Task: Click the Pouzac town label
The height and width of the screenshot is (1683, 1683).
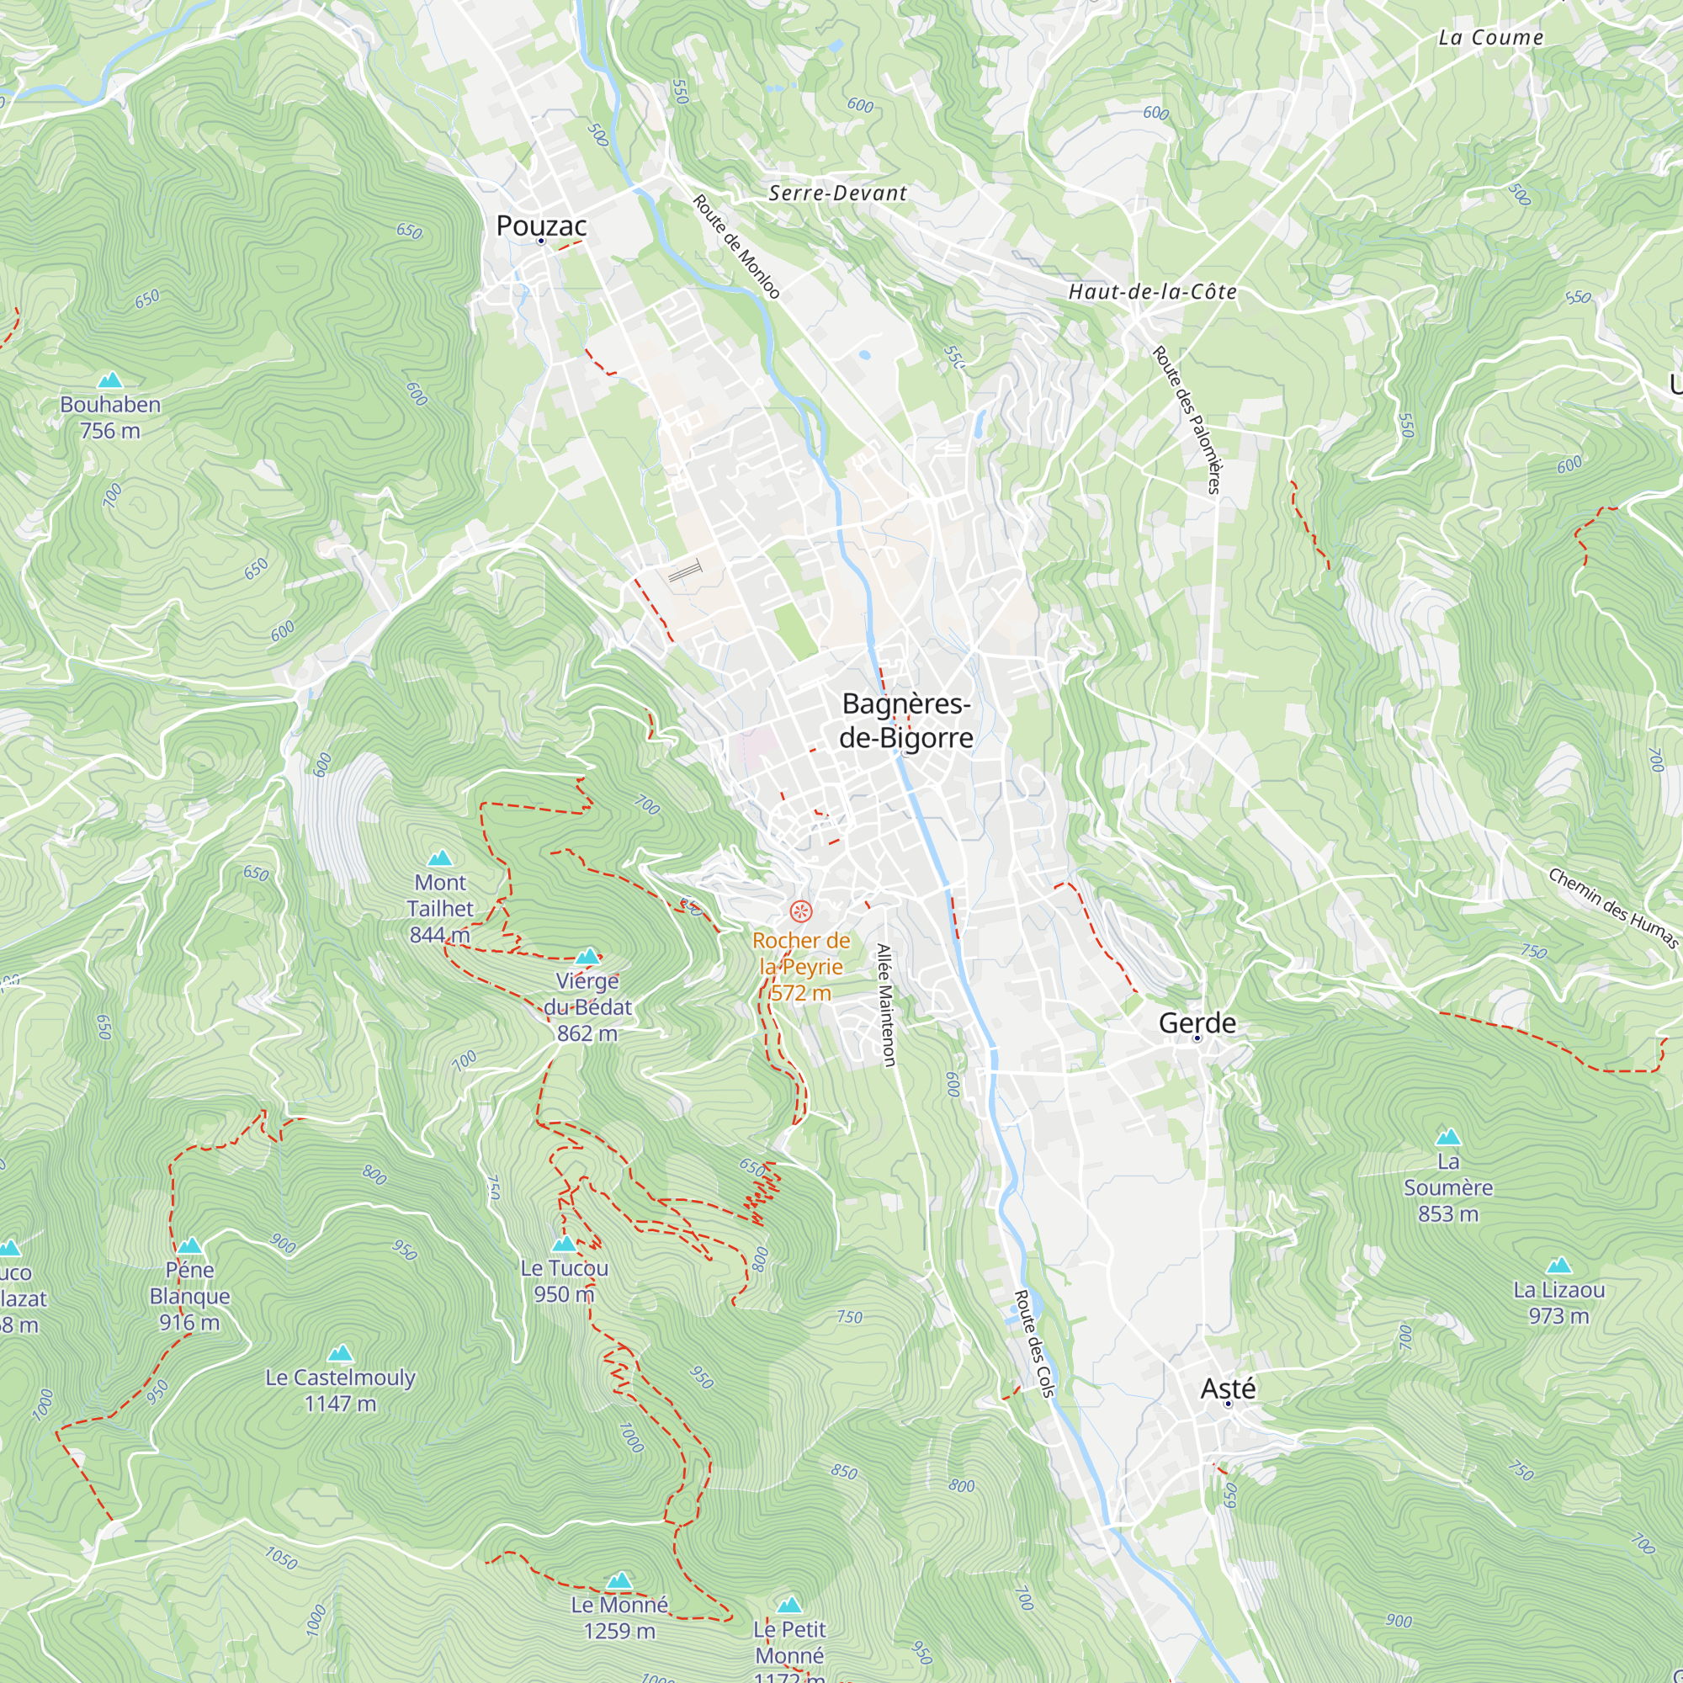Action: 541,226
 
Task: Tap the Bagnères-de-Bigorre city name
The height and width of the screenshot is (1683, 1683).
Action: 906,721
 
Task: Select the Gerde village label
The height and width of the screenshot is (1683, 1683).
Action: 1197,1022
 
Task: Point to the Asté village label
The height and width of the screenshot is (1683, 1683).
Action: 1228,1388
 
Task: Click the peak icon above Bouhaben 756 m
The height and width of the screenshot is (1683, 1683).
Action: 109,380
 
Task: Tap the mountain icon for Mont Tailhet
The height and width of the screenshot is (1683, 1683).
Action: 440,858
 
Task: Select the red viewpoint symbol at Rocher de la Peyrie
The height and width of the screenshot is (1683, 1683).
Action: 800,912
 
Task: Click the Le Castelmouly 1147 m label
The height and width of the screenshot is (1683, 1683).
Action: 340,1390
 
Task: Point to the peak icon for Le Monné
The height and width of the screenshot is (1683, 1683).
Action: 619,1580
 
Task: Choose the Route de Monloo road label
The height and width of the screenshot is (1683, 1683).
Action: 736,247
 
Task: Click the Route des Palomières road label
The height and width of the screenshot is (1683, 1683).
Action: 1187,420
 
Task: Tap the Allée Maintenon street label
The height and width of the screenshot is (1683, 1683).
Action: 885,1005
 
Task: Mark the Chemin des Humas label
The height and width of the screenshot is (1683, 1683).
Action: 1612,908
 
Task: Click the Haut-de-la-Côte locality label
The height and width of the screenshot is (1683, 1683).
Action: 1152,292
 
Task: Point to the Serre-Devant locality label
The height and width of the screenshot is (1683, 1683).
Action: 837,194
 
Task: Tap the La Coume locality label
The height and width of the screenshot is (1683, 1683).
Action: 1490,38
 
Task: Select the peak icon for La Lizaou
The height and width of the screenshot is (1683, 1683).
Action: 1558,1265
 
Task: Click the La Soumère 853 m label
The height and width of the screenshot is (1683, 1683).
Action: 1447,1187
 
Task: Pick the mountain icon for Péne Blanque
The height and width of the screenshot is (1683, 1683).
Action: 189,1245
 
